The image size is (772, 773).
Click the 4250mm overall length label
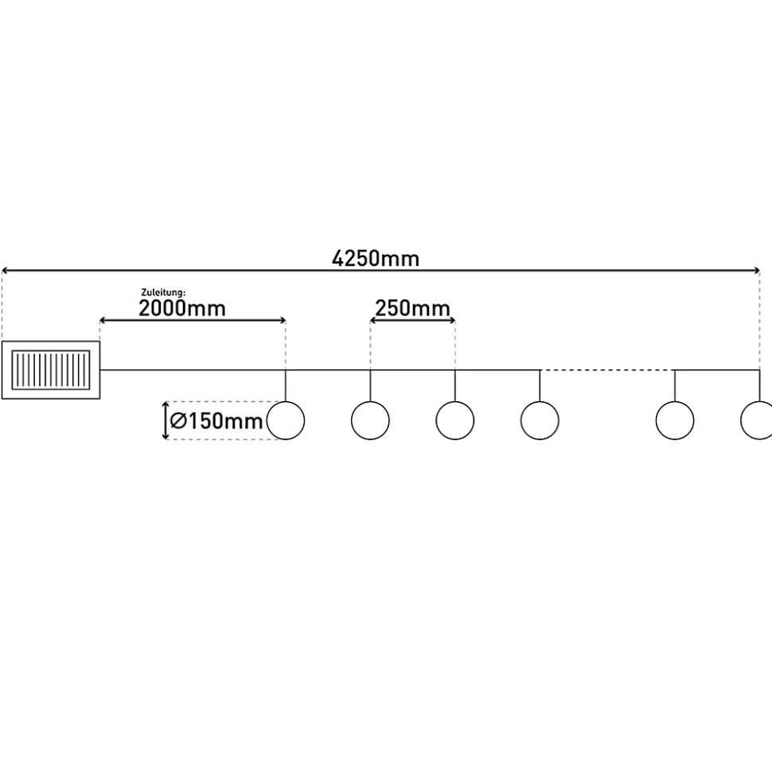coord(375,259)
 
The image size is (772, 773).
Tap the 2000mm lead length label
coord(182,309)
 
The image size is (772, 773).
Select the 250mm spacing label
coord(412,309)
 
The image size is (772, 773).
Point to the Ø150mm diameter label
coord(216,422)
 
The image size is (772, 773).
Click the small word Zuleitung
coord(163,293)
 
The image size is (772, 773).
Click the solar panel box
coord(51,369)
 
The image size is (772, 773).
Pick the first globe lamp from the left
coord(286,420)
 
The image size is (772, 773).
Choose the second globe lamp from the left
coord(370,420)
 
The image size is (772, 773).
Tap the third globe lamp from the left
coord(455,420)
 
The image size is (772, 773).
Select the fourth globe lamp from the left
coord(540,420)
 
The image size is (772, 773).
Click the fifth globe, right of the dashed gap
coord(675,420)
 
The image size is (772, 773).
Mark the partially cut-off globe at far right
coord(757,420)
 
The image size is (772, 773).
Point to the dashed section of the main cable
coord(606,370)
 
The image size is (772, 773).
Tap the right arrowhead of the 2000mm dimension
coord(282,321)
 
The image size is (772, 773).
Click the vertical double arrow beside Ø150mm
coord(166,421)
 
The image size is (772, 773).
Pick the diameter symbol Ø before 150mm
coord(178,422)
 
